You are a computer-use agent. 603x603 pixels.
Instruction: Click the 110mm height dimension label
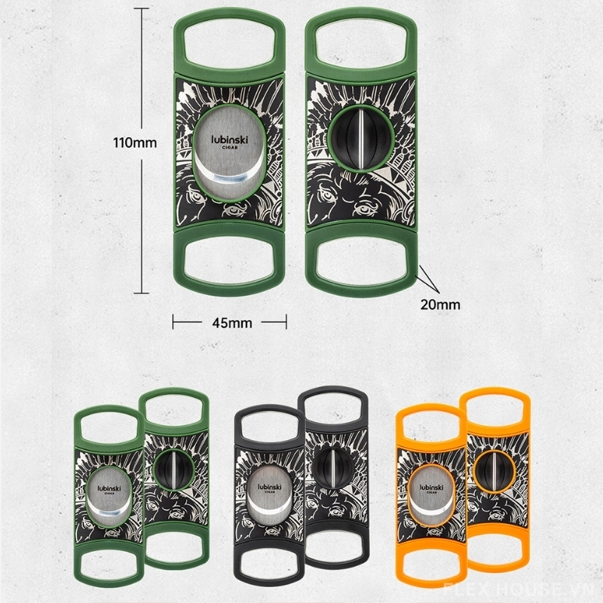coord(135,143)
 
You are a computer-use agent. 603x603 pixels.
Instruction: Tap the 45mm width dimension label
coord(232,323)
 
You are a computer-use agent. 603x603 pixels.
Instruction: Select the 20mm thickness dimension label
coord(440,305)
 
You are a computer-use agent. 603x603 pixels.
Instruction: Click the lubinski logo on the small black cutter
coord(270,488)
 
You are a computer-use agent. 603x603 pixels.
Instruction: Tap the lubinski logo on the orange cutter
coord(431,488)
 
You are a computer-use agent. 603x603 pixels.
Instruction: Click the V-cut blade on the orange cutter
coord(494,470)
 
